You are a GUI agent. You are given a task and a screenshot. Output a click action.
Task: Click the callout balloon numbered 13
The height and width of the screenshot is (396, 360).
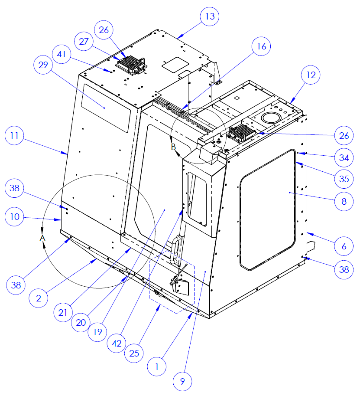click(210, 17)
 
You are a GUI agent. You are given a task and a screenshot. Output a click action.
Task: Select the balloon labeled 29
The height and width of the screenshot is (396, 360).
click(43, 65)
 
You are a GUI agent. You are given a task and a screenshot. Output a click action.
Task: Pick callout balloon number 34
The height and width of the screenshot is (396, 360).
click(344, 157)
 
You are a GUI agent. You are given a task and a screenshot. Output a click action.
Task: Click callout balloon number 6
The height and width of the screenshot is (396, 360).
click(344, 246)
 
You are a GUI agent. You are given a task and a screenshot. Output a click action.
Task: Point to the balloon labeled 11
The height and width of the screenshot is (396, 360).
click(15, 136)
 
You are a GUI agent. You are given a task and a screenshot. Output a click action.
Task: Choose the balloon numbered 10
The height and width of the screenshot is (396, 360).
click(15, 216)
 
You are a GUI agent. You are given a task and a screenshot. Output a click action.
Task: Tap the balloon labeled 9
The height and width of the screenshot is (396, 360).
click(182, 381)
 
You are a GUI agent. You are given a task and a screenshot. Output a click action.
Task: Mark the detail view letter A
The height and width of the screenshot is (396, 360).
click(42, 238)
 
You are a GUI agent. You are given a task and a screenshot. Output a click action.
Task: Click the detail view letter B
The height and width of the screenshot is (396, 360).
click(173, 147)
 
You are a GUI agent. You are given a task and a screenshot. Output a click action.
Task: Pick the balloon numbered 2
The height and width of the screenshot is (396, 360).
click(39, 298)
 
